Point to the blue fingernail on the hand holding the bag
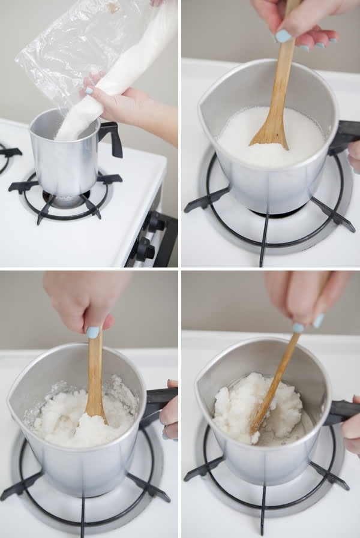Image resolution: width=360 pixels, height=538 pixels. (x=89, y=91)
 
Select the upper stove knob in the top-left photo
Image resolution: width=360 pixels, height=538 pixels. (x=154, y=223)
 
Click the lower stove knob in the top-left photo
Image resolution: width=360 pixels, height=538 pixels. (x=143, y=250)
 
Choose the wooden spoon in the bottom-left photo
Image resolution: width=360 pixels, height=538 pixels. (x=95, y=384)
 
